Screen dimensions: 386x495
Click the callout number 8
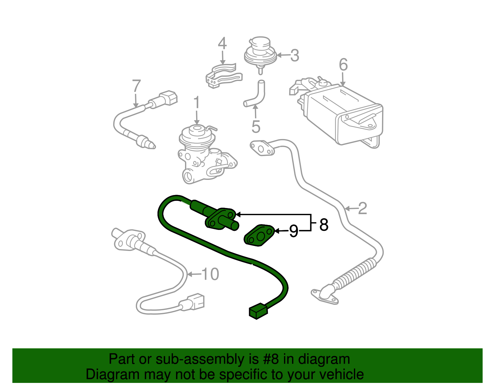(324, 225)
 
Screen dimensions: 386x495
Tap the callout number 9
(294, 231)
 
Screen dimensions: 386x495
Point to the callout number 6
(343, 65)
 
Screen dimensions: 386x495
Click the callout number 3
(295, 56)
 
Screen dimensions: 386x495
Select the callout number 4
(222, 44)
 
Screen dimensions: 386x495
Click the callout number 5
(256, 126)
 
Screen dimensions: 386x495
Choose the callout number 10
(210, 274)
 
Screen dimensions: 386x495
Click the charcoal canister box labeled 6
(343, 114)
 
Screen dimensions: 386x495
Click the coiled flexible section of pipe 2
(356, 274)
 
